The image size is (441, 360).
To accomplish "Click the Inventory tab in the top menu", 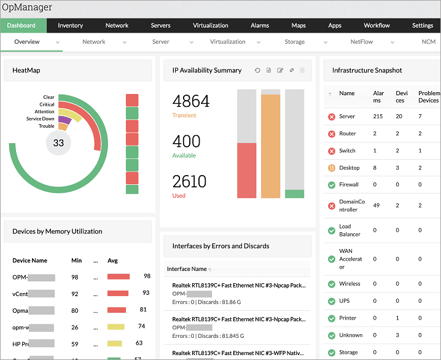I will pyautogui.click(x=70, y=26).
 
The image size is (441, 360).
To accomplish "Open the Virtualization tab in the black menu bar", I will pyautogui.click(x=210, y=26).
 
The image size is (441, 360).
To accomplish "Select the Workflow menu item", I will pyautogui.click(x=377, y=26).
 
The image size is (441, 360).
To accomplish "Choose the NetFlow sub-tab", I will pyautogui.click(x=361, y=42).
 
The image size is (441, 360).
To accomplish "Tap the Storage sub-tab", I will pyautogui.click(x=294, y=42).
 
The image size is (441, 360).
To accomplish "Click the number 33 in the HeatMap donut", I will pyautogui.click(x=58, y=143).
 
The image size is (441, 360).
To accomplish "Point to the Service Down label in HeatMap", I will pyautogui.click(x=40, y=119).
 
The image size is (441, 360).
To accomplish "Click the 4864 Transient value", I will pyautogui.click(x=191, y=101).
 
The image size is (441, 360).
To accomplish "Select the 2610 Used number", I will pyautogui.click(x=189, y=181).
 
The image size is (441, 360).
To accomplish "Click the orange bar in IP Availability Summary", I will pyautogui.click(x=270, y=146).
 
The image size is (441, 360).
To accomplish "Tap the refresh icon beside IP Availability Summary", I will pyautogui.click(x=258, y=71).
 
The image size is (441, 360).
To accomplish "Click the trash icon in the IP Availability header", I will pyautogui.click(x=302, y=71).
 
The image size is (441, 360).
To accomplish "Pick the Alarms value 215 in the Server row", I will pyautogui.click(x=378, y=116).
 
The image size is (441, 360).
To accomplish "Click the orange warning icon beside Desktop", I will pyautogui.click(x=331, y=168).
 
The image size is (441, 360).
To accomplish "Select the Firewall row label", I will pyautogui.click(x=349, y=184).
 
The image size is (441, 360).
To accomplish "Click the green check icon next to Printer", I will pyautogui.click(x=331, y=318).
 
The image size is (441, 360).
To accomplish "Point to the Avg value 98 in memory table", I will pyautogui.click(x=147, y=276).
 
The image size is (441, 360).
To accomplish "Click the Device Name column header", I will pyautogui.click(x=29, y=260).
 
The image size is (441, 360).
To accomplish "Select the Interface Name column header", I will pyautogui.click(x=187, y=269).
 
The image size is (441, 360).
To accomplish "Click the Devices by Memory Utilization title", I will pyautogui.click(x=57, y=232).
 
